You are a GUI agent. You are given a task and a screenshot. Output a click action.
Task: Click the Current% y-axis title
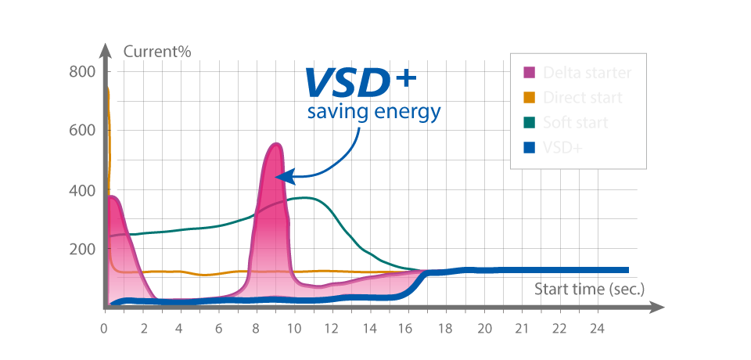coord(157,52)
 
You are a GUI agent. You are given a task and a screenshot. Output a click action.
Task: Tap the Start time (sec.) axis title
coord(589,289)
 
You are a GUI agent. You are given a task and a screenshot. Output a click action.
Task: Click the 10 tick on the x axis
coord(294,327)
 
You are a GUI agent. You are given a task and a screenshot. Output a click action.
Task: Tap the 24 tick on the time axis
coord(598,327)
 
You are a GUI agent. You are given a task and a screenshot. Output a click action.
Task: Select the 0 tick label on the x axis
coord(104,327)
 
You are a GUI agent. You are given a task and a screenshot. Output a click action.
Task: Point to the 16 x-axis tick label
coord(408,327)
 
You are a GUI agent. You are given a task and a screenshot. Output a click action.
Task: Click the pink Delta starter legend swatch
coord(529,72)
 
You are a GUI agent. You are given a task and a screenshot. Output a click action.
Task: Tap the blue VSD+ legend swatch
coord(529,148)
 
